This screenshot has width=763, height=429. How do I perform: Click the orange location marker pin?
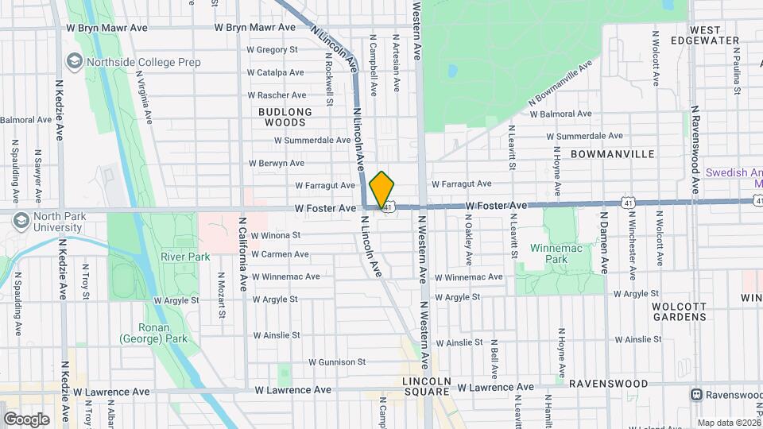point(381,189)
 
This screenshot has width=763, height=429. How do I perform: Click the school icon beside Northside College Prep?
point(74,60)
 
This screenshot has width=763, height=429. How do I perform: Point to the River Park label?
point(185,257)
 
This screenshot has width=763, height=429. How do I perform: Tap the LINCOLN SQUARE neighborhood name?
point(428,386)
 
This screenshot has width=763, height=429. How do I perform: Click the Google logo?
point(26,419)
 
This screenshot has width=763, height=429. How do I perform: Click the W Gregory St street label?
point(272,49)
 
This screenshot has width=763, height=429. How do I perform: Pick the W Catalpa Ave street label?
point(276,72)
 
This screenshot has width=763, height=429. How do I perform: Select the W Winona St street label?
point(276,235)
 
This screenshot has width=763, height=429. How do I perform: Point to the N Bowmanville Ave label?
point(561,83)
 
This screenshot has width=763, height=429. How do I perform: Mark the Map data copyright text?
point(726,423)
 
